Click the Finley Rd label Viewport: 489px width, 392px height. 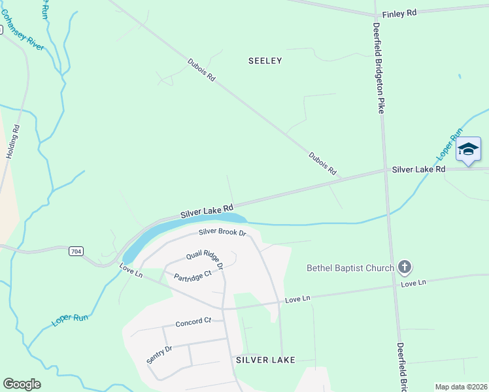click(399, 12)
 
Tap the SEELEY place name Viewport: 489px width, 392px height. click(265, 61)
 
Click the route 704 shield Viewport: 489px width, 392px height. click(76, 250)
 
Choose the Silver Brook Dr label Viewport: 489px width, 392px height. click(222, 233)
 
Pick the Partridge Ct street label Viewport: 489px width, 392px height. click(193, 276)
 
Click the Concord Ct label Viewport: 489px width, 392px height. click(194, 321)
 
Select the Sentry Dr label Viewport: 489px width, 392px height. click(159, 353)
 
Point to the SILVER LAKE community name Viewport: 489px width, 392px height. click(265, 360)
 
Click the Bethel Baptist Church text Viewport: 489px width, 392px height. click(350, 268)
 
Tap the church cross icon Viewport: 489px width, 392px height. click(405, 267)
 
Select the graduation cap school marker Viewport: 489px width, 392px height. click(469, 150)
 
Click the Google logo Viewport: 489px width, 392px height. click(22, 384)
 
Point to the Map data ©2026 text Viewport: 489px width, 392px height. click(460, 387)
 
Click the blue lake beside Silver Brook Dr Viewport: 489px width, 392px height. click(183, 228)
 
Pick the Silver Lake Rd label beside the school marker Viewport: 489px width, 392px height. click(418, 169)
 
